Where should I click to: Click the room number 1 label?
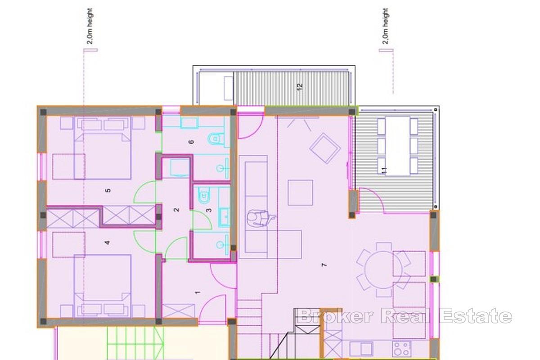coord(197,293)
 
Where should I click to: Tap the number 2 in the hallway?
coord(176,210)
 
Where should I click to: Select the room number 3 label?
coord(208,210)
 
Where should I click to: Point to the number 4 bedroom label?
coord(107,243)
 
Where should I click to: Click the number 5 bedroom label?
coord(108,190)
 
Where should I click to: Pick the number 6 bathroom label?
coord(191,142)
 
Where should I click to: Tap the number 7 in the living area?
coord(324,265)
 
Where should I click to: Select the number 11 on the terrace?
coord(384,170)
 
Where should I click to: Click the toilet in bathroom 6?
coord(216,139)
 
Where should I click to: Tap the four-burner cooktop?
coord(401,348)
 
